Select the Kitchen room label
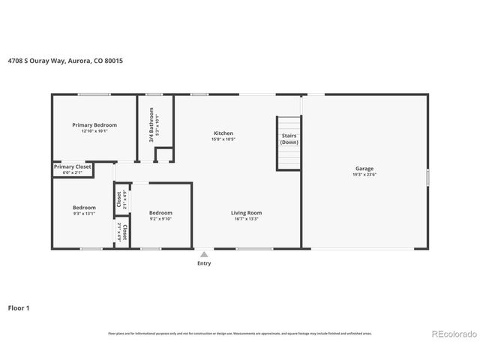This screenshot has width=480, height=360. coord(223,133)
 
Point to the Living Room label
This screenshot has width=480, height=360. coord(245,212)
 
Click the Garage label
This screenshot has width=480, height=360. coord(364,169)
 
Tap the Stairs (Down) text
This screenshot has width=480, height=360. coord(289,139)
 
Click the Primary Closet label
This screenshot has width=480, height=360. coord(72,166)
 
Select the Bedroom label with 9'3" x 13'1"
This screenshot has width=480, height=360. coord(84,208)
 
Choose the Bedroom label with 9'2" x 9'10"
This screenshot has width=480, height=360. coord(160,212)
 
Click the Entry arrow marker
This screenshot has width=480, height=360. coord(203,254)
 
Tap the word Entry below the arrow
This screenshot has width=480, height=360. coord(203,263)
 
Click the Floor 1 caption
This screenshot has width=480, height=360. coord(19,307)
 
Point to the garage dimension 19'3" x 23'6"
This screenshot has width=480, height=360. coord(364,175)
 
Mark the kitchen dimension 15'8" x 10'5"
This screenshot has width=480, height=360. coord(223,139)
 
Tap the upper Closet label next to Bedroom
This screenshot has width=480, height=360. coord(118,200)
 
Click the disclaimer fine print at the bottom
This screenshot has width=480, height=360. coord(240,333)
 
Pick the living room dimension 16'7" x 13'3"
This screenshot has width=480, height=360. coord(245,219)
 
